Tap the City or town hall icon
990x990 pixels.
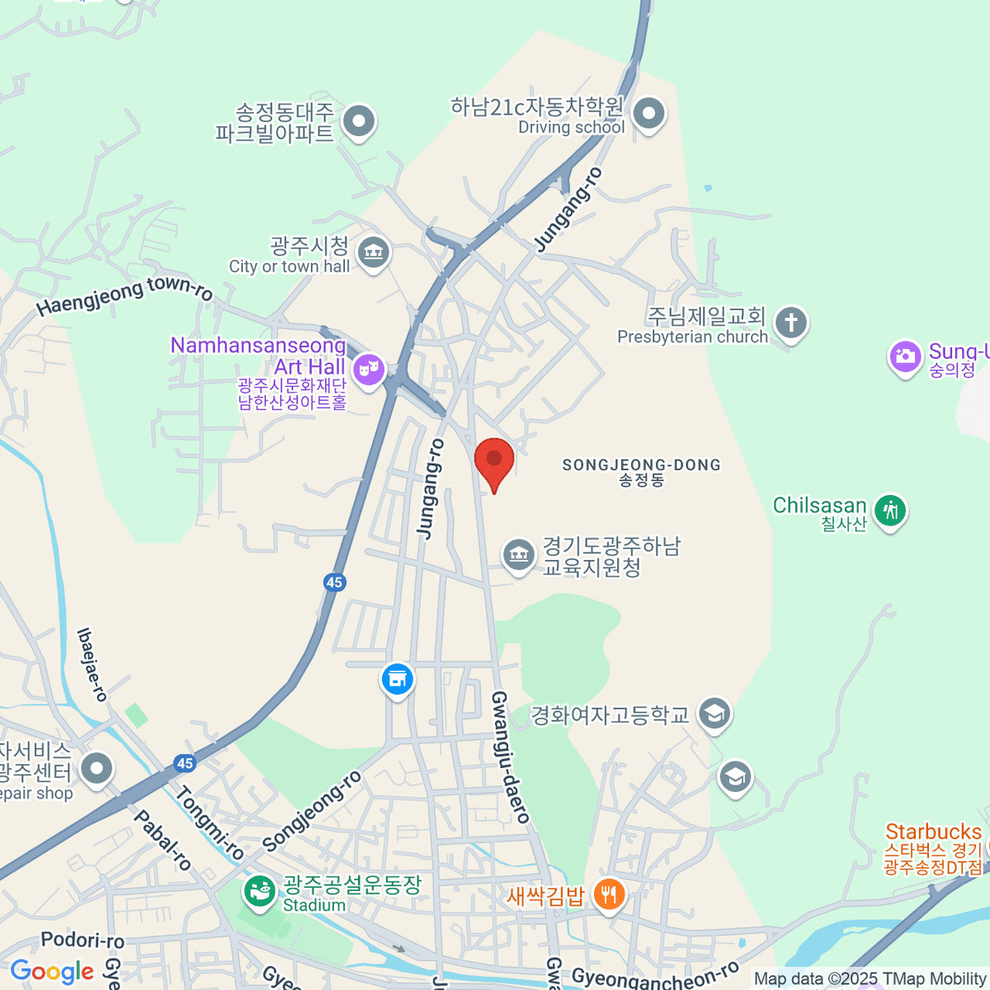pos(374,252)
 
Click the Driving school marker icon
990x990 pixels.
pos(648,114)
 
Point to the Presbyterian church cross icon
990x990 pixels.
pos(791,323)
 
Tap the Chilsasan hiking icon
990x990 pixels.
pos(889,511)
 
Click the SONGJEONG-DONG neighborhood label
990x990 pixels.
pos(641,465)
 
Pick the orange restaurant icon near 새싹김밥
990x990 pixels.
pos(609,893)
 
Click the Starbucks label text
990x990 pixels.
pos(933,832)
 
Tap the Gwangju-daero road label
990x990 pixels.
pos(510,757)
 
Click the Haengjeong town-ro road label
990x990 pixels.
pos(124,295)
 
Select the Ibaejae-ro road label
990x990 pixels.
pos(92,664)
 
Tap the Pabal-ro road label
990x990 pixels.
pos(163,840)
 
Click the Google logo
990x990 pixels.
pos(52,972)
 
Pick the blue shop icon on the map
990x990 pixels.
pos(397,679)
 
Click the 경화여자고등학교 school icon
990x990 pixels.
pos(714,714)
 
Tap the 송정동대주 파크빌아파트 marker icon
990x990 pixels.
pos(359,122)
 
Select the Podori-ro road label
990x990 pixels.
pos(82,940)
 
